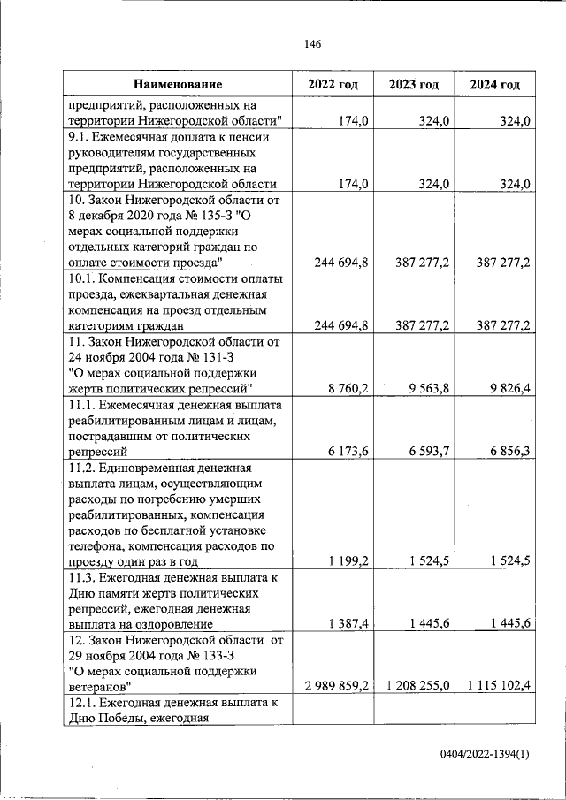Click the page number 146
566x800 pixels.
[311, 44]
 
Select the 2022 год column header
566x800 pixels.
[333, 84]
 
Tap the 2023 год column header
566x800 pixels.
[413, 84]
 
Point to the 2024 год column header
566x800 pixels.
[494, 84]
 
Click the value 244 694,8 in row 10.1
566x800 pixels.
[341, 326]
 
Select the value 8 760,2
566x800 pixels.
[348, 388]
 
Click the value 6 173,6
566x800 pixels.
[348, 451]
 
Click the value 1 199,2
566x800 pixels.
[348, 560]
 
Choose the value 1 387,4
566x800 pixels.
[348, 623]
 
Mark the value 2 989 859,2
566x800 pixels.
[335, 685]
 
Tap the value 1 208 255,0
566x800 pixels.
[417, 685]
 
